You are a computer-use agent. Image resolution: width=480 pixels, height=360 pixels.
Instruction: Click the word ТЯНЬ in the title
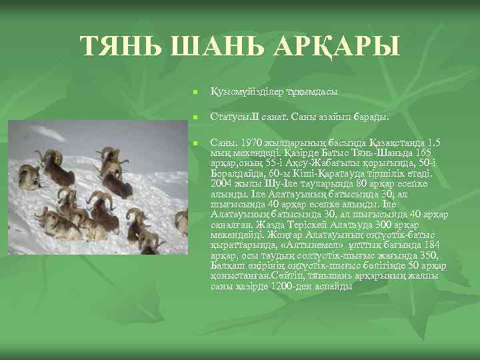[x=124, y=46]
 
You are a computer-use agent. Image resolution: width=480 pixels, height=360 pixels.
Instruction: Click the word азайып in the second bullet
[x=337, y=117]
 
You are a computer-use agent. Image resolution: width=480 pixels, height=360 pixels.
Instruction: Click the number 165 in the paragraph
[x=431, y=153]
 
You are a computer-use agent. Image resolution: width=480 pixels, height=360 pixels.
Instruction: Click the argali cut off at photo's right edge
[x=182, y=222]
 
